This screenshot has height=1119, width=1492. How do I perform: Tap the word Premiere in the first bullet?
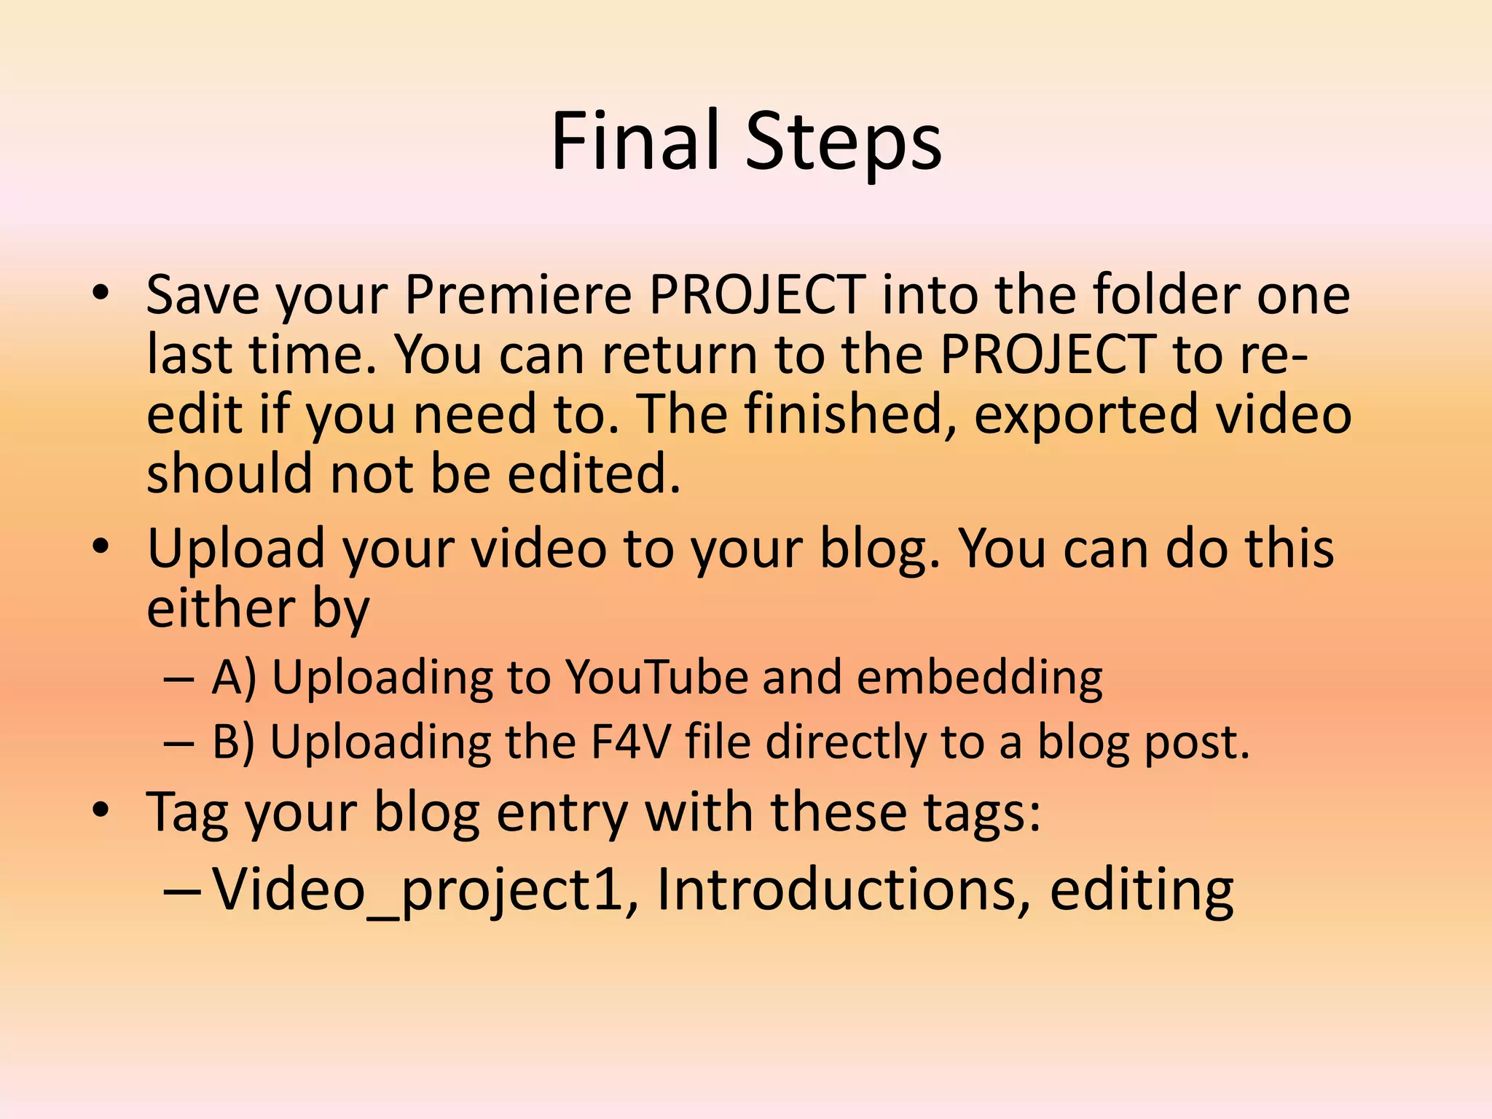click(518, 294)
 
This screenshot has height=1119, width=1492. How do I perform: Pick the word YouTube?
click(657, 678)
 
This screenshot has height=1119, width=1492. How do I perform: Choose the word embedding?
click(980, 678)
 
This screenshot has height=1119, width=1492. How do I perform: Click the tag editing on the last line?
click(1142, 890)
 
